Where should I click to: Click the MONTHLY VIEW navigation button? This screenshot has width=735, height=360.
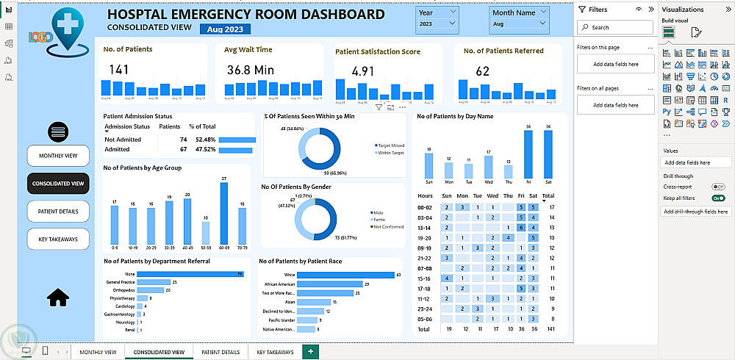tap(58, 156)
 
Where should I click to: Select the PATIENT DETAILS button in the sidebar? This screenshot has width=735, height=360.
tap(58, 212)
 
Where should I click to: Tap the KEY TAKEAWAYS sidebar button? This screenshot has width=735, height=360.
tap(58, 239)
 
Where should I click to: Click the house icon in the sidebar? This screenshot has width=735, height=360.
tap(57, 296)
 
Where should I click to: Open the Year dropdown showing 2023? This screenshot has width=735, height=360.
tap(437, 24)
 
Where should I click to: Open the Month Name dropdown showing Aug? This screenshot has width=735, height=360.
tap(520, 24)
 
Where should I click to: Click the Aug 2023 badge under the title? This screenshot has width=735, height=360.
tap(224, 29)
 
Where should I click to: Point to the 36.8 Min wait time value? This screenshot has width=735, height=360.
tap(249, 70)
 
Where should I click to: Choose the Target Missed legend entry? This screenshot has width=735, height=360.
tap(390, 145)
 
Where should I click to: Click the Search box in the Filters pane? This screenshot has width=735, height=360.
tap(615, 27)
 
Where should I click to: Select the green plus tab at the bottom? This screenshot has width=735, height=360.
tap(310, 352)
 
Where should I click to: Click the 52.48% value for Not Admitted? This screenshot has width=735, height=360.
tap(205, 140)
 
